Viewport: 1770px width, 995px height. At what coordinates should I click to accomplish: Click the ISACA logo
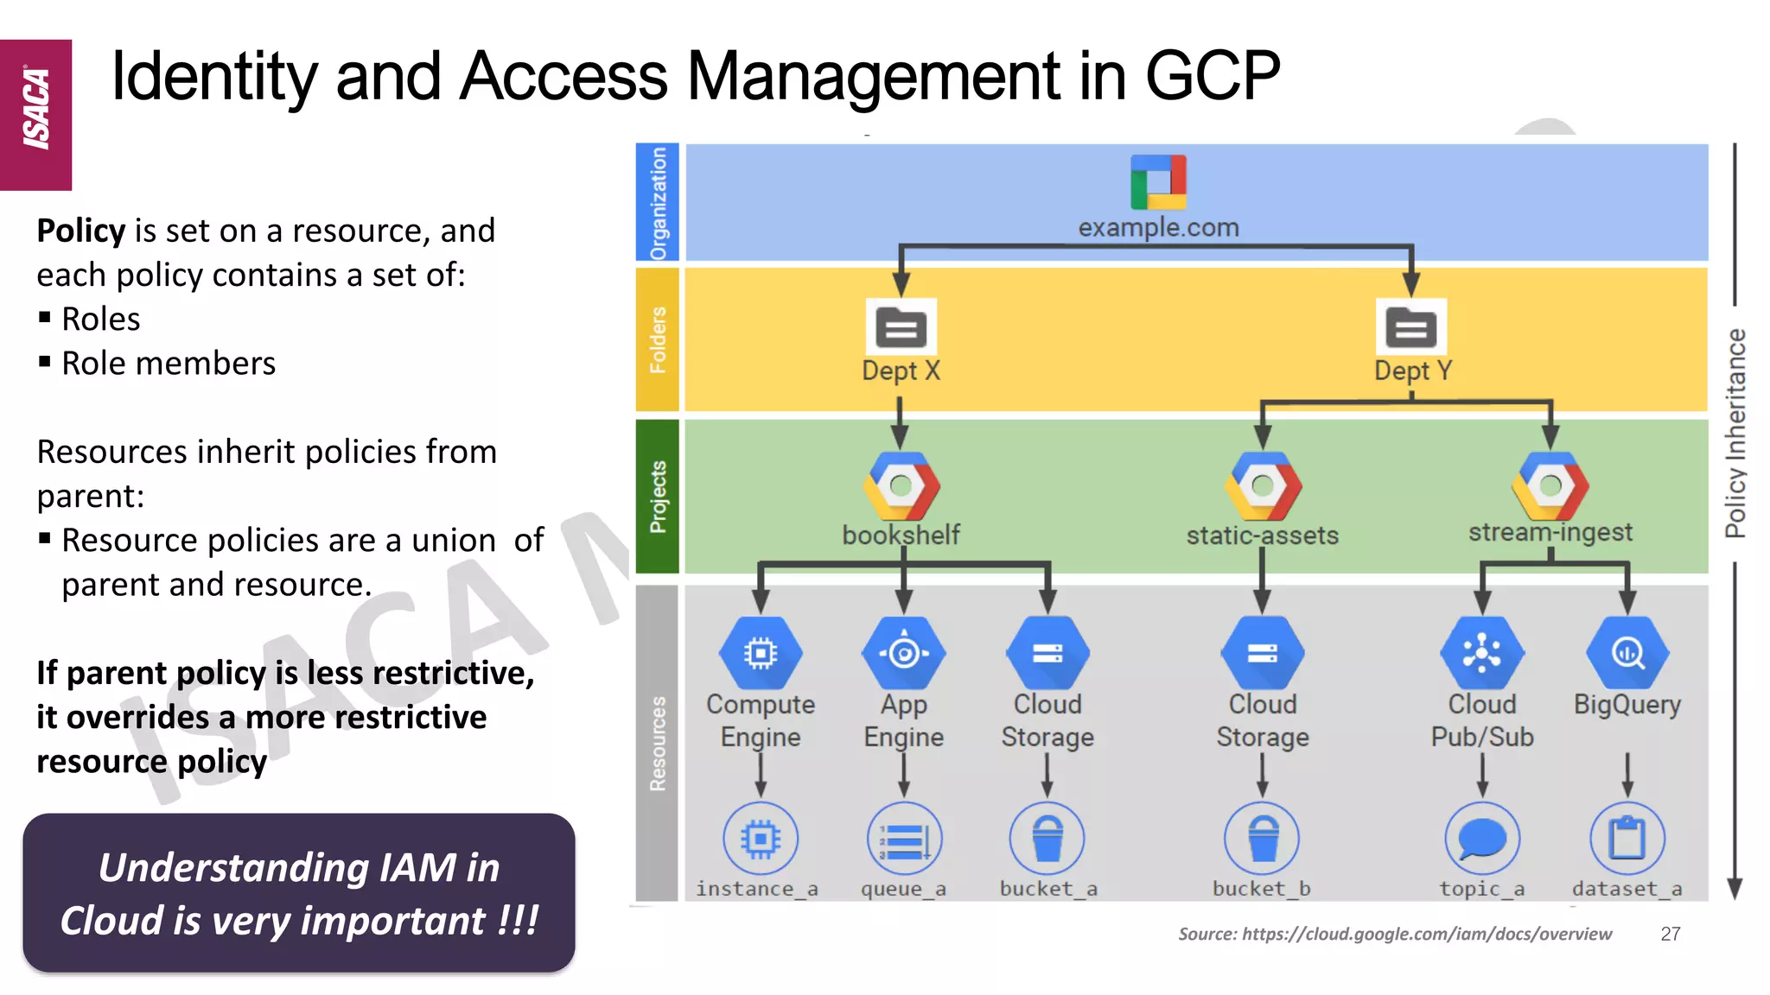(36, 112)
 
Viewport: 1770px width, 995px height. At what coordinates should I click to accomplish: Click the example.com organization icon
(1158, 182)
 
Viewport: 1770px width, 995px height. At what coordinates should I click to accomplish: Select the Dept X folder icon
(901, 327)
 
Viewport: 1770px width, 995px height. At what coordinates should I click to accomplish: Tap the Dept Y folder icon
(1410, 327)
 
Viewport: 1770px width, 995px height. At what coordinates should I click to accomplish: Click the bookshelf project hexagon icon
(901, 485)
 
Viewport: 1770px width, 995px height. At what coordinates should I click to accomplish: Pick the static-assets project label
(1262, 536)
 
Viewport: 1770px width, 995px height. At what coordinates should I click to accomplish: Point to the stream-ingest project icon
(1550, 485)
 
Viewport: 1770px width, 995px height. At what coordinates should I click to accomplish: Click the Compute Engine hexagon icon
(761, 653)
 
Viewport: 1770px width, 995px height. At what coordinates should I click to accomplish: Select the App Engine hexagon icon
(904, 653)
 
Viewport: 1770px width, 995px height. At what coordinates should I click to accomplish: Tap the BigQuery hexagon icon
(1627, 653)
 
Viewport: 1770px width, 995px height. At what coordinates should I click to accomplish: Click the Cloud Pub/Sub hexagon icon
(1482, 653)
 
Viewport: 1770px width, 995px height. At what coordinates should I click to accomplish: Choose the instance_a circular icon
(761, 838)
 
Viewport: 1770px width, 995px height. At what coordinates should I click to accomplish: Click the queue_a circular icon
(904, 838)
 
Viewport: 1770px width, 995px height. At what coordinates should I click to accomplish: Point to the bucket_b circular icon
(1262, 838)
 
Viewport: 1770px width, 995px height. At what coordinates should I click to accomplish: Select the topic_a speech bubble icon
(1482, 838)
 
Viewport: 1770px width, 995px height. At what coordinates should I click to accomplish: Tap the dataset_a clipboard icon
(1627, 838)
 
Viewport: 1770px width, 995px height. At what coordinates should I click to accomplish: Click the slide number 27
(1671, 934)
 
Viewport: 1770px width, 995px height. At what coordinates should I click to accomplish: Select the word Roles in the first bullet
(101, 320)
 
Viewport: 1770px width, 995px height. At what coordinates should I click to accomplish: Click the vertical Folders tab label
(658, 339)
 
